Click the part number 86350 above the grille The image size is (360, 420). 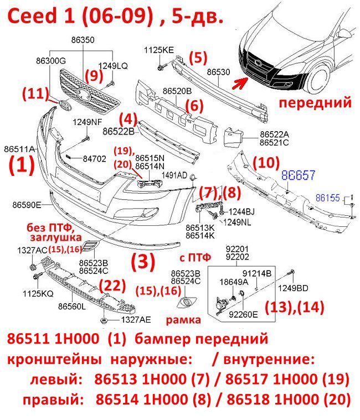(x=83, y=40)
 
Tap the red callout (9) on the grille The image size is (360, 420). (x=94, y=75)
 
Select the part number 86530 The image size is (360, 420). (x=218, y=72)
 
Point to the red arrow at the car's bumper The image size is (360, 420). (x=240, y=82)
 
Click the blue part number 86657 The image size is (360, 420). (x=298, y=175)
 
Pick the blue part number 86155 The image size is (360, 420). (x=327, y=198)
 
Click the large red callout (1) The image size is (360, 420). (x=22, y=165)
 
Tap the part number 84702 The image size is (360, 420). (x=94, y=159)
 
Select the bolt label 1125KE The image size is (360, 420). (x=159, y=50)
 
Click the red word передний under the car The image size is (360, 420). (x=315, y=102)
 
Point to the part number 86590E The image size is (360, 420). (x=27, y=205)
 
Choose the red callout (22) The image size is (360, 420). (x=112, y=286)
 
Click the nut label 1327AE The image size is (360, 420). (x=136, y=319)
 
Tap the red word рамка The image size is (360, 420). (x=183, y=320)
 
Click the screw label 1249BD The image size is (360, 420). (x=293, y=288)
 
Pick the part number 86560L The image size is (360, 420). (x=72, y=306)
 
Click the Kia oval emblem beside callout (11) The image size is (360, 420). (x=64, y=105)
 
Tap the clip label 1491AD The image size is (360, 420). (x=174, y=175)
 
